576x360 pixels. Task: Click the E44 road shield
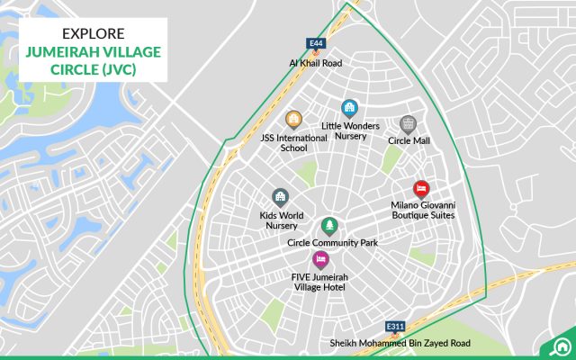(315, 42)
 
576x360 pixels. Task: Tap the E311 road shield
(394, 325)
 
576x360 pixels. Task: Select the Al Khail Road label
(316, 63)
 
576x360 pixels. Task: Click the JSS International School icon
(292, 119)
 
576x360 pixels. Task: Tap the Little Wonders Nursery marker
(349, 108)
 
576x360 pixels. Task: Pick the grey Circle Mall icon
(408, 124)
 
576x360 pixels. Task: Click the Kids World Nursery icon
(280, 197)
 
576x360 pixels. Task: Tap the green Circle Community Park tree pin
(330, 225)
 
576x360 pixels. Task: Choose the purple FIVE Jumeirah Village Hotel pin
(319, 260)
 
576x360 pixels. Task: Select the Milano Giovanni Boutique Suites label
(423, 211)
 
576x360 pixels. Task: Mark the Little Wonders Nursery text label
(351, 131)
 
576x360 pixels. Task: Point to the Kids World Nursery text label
(281, 221)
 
